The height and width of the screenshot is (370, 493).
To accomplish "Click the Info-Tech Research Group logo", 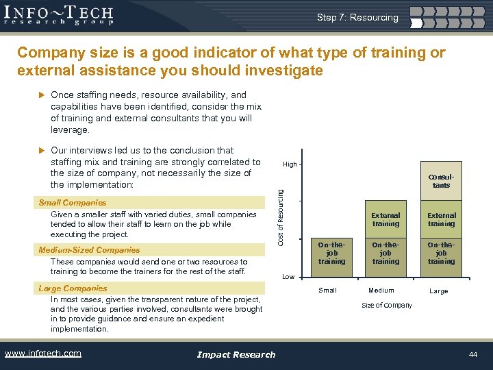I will [60, 15].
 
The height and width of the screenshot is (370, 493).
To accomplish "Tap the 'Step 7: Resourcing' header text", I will [357, 18].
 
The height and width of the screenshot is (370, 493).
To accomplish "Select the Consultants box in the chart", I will [441, 181].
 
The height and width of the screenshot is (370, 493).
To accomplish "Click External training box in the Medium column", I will [385, 219].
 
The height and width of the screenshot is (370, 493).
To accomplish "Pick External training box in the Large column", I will [441, 219].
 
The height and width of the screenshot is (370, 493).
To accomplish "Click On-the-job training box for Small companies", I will [331, 252].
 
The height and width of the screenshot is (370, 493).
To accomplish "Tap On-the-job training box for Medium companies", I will [385, 252].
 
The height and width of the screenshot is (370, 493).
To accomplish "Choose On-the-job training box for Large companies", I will [441, 252].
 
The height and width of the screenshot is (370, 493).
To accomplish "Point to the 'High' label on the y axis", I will [290, 164].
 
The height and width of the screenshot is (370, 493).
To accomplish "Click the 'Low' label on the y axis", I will [288, 277].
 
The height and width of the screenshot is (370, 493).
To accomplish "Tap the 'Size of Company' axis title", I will [387, 306].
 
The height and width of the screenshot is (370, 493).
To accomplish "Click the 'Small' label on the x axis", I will [328, 291].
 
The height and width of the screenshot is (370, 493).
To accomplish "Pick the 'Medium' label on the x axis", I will [381, 291].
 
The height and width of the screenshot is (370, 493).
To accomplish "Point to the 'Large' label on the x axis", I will [439, 291].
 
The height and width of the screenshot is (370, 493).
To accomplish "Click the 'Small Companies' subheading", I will [73, 203].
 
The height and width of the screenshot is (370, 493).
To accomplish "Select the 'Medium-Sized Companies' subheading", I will [89, 250].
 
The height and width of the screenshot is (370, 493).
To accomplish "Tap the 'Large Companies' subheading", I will [73, 288].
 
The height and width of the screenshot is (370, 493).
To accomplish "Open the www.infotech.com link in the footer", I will [42, 354].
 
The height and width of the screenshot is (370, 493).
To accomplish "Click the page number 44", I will [472, 354].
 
